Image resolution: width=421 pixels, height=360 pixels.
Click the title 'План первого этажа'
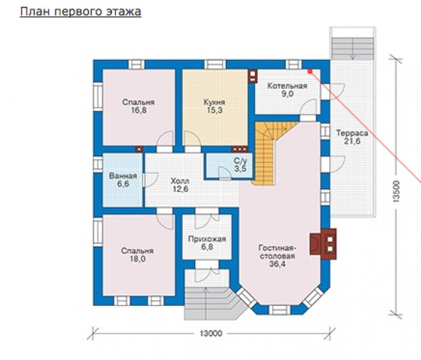[80, 12]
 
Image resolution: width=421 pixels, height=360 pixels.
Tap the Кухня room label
[214, 102]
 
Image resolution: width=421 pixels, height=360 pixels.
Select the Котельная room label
[287, 86]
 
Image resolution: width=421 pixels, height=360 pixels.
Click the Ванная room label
[123, 176]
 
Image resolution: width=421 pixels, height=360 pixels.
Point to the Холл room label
[180, 181]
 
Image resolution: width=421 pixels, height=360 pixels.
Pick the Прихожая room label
[207, 239]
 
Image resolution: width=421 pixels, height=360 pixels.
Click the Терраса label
[352, 133]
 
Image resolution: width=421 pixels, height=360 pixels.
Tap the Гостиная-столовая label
[277, 251]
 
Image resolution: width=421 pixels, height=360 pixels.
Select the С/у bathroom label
[240, 161]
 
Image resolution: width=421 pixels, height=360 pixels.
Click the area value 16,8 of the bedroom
[139, 110]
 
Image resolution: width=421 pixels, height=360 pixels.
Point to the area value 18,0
[138, 259]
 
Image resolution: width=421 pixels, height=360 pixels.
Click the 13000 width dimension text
[211, 333]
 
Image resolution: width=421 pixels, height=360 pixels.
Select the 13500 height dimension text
[397, 191]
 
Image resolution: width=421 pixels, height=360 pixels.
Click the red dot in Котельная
[310, 72]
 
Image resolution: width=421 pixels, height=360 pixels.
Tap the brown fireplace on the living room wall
[323, 244]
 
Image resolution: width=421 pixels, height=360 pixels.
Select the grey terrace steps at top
[353, 48]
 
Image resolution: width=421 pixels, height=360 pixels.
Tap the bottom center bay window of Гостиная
[279, 309]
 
